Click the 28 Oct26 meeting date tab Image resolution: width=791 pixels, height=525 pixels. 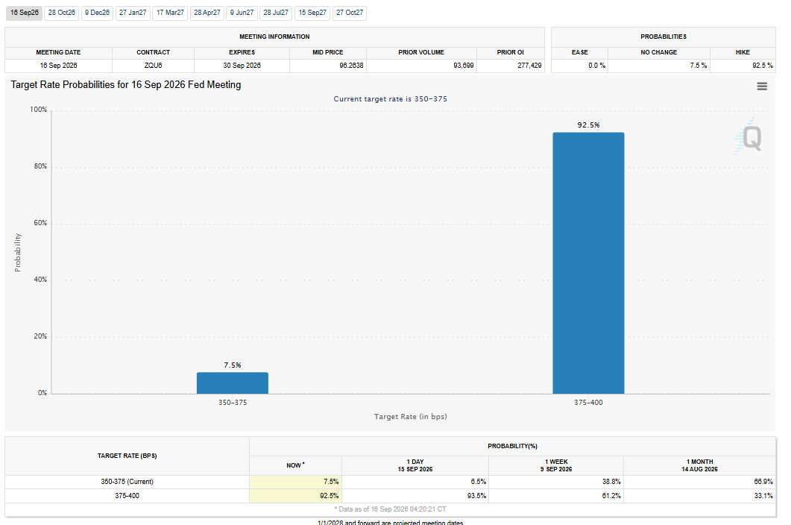coord(62,13)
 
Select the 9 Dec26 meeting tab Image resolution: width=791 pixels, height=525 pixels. coord(98,13)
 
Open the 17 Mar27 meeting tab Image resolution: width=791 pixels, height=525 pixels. coord(171,13)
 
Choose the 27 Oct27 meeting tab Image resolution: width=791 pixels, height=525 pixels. coord(350,13)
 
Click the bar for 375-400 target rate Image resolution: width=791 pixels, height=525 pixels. coord(588,263)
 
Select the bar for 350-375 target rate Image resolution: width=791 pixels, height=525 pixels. coord(233,383)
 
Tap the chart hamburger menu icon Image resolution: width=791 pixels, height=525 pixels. coord(762,87)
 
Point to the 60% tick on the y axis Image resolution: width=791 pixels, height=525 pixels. coord(40,223)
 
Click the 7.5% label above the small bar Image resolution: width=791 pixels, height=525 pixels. coord(233,365)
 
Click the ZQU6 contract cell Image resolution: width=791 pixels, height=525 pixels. coord(154,66)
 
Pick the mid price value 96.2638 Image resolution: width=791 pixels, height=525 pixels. coord(351,66)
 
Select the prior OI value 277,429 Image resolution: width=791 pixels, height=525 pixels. coord(529,66)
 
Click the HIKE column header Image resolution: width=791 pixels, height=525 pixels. coord(743,52)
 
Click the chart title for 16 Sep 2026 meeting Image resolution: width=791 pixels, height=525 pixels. coord(125,85)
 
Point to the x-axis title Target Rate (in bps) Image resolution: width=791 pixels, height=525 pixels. coord(411,416)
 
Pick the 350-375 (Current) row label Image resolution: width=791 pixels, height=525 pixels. coord(127,482)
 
